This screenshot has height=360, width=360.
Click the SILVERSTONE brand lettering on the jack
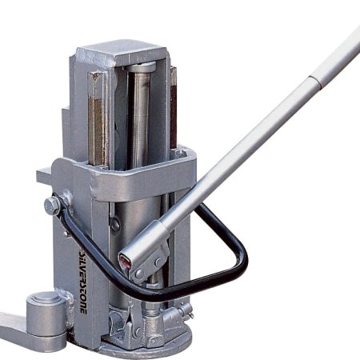(x=82, y=279)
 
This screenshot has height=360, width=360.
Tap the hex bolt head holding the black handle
(x=52, y=206)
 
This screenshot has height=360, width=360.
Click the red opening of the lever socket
(x=125, y=261)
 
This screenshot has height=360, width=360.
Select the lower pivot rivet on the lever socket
(x=139, y=273)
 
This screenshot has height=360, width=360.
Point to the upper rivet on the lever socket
(x=158, y=262)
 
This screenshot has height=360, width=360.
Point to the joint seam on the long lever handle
(x=315, y=82)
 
